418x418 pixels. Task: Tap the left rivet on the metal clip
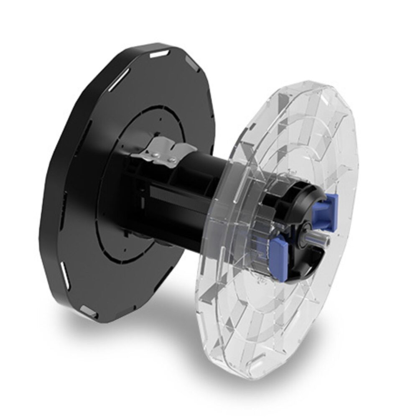tap(154, 155)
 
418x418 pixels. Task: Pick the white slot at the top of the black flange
tap(158, 54)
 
